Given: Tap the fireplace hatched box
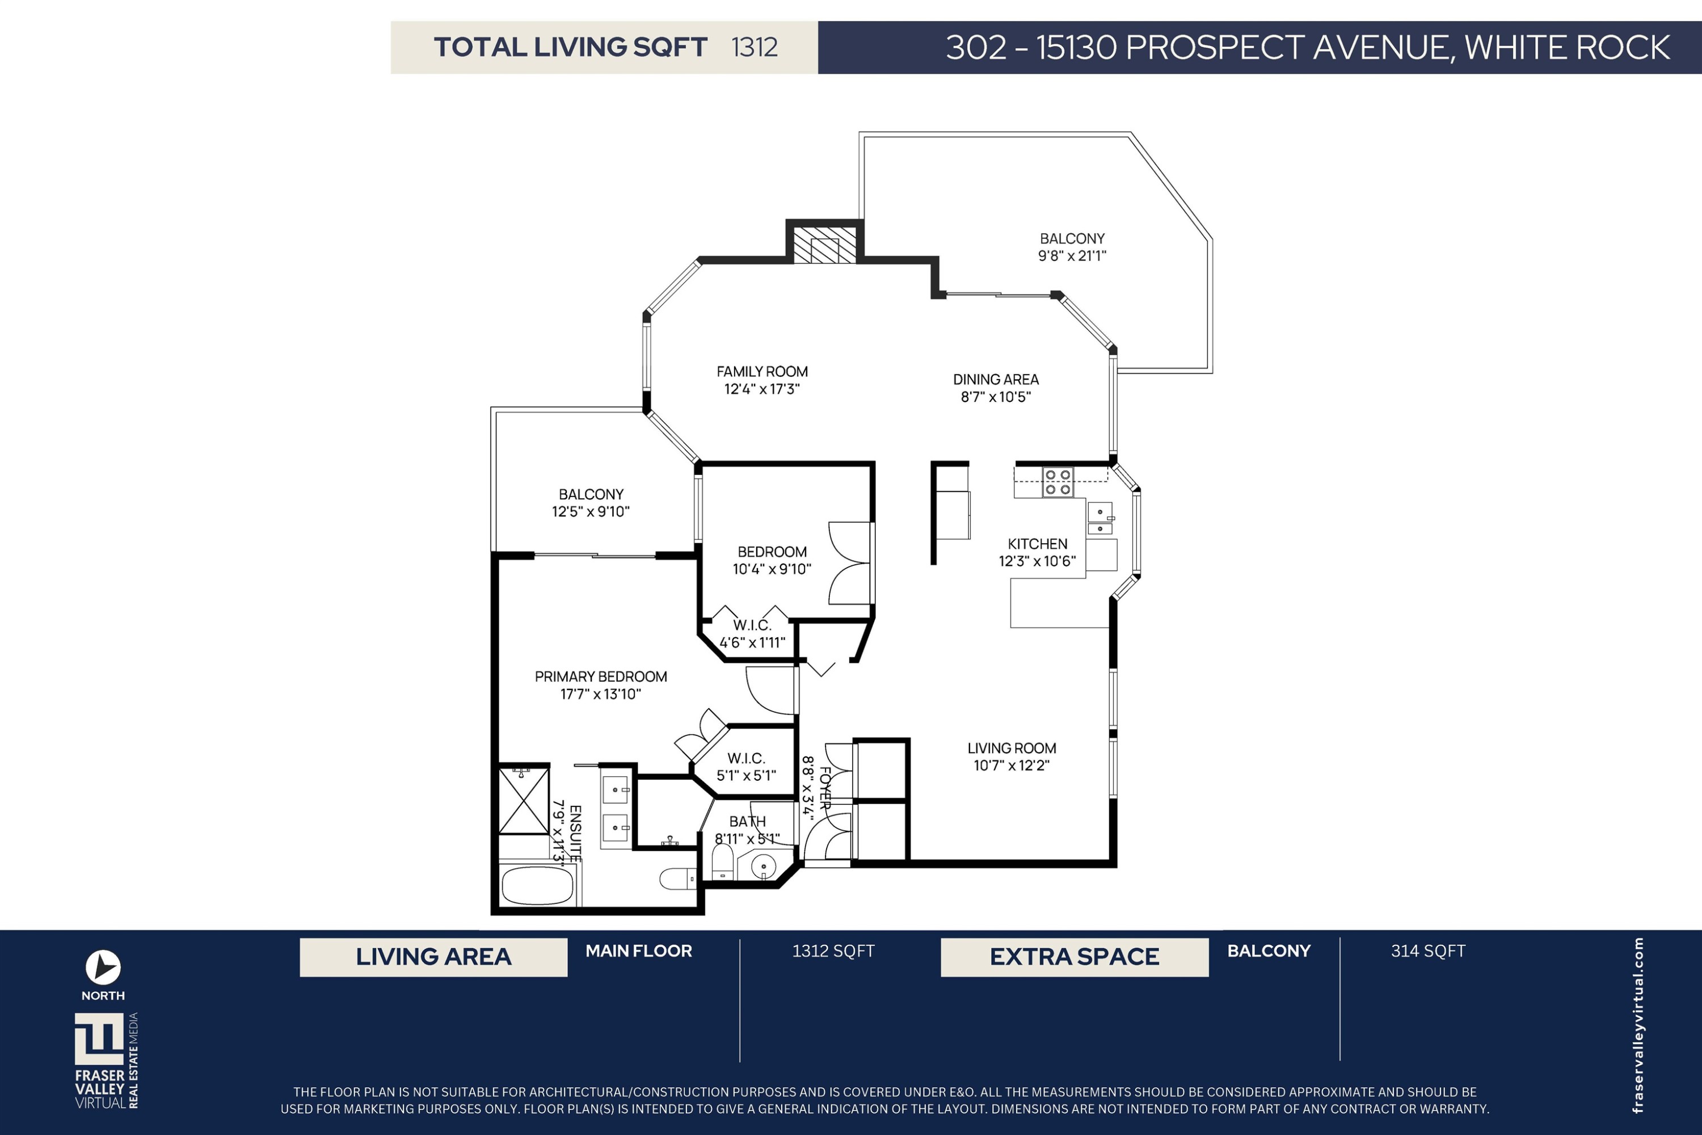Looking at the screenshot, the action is coord(825,245).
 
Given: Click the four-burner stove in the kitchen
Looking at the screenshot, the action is coord(1058,482).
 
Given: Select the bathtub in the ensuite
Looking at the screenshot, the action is coord(537,886).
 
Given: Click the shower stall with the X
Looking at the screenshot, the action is coord(524,801).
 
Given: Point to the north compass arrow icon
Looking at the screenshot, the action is coord(103,967).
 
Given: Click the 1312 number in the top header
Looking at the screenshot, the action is coord(754,47).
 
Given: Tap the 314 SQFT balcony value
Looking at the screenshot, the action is coord(1428,951).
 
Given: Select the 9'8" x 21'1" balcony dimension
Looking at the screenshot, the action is coord(1072,255).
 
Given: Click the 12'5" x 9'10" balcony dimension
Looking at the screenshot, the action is coord(591,512).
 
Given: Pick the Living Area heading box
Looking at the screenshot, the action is coord(433,957).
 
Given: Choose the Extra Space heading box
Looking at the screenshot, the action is coord(1075,957).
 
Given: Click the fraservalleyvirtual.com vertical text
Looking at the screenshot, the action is coord(1638,1025).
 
